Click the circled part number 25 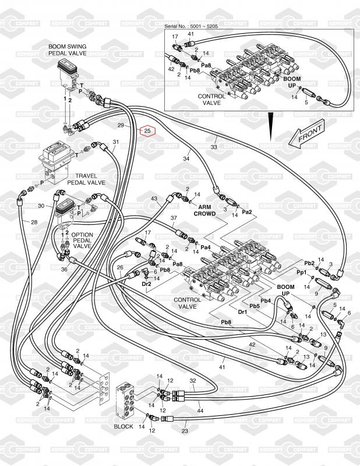[147, 130]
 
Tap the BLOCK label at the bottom [123, 426]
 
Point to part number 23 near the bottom [185, 432]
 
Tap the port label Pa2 [247, 213]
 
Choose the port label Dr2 [147, 284]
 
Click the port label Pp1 [301, 272]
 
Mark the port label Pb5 [255, 306]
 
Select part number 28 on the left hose [34, 223]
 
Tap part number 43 [154, 199]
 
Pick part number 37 [173, 218]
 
